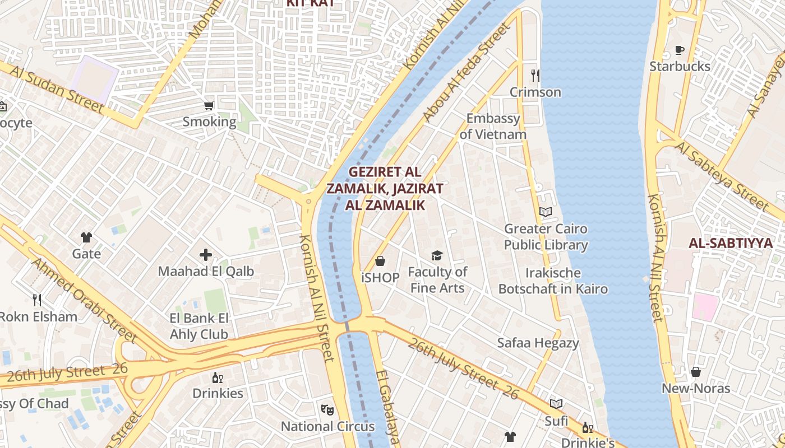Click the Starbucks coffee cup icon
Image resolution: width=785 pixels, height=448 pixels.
[x=679, y=50]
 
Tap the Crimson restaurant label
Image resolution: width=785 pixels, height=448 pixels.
[x=535, y=92]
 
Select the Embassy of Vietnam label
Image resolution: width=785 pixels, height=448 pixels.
[x=493, y=127]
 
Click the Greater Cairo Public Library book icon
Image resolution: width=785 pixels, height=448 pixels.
[x=545, y=212]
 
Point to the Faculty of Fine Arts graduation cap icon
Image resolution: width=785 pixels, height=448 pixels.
[x=437, y=256]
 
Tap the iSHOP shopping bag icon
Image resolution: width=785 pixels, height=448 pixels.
[x=380, y=261]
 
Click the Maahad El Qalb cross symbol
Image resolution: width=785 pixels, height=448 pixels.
[x=206, y=255]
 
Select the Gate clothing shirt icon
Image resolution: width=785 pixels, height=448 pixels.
[x=86, y=237]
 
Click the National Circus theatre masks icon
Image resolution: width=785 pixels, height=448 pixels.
[x=327, y=409]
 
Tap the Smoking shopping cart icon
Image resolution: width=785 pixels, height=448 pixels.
[x=209, y=105]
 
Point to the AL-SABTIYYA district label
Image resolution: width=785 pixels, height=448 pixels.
[x=731, y=243]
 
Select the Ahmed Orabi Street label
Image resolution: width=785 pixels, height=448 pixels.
[x=84, y=300]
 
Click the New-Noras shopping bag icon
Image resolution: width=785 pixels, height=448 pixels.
[x=695, y=372]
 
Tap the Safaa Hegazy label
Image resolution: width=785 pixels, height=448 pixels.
[x=538, y=343]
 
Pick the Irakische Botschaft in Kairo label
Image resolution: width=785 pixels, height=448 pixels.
[x=553, y=281]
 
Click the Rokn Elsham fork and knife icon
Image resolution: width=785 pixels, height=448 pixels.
[x=37, y=300]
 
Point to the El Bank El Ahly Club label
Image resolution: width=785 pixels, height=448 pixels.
[x=199, y=326]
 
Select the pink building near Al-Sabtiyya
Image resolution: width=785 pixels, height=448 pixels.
[x=705, y=307]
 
